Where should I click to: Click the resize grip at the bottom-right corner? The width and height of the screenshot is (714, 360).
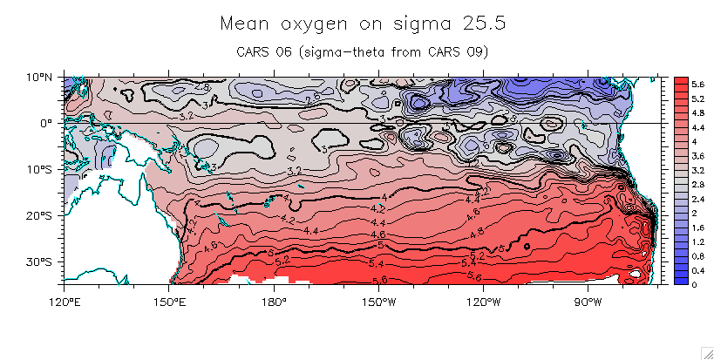pos(707,352)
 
